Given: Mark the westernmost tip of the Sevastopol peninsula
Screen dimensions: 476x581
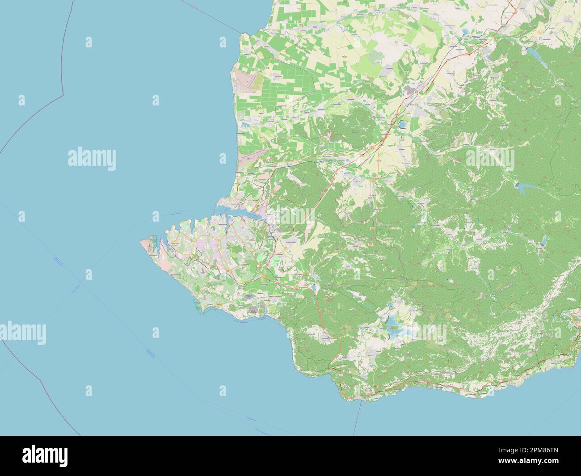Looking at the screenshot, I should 141,241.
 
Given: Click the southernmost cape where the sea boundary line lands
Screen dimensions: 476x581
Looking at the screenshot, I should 361,399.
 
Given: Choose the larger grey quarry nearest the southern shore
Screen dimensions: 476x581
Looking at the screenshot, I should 253,310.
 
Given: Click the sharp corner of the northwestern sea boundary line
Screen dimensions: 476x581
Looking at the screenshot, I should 63,95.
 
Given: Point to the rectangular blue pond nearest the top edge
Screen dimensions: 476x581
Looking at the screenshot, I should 465,32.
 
